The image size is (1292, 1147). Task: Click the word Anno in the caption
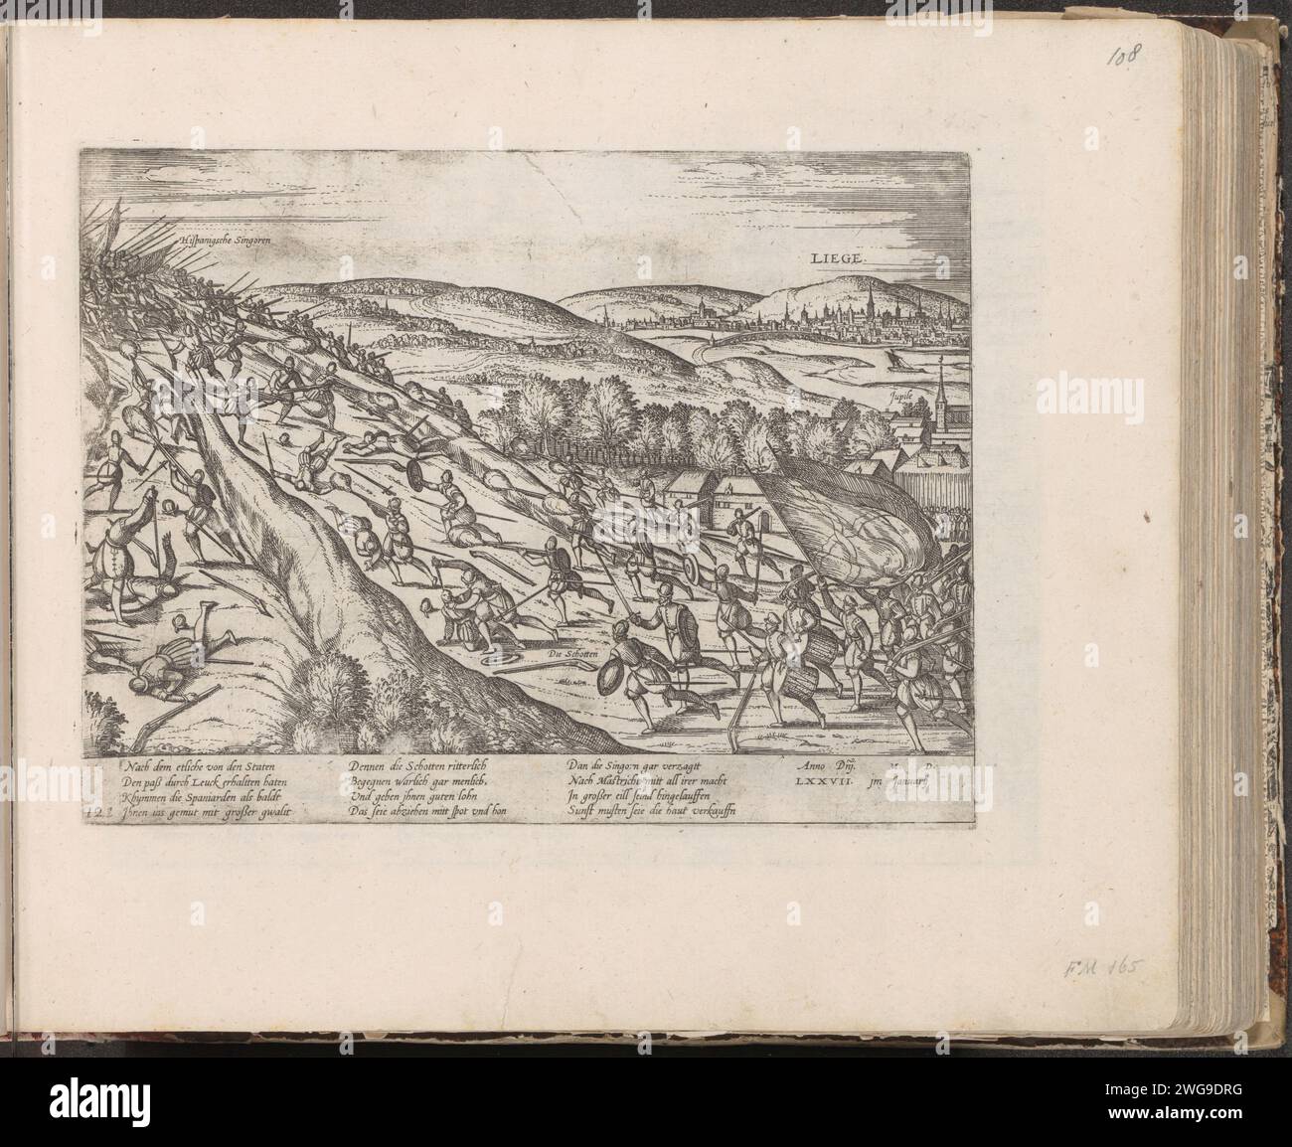click(x=815, y=766)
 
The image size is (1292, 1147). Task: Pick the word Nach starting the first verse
click(x=138, y=767)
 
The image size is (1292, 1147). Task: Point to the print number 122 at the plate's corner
click(x=94, y=812)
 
